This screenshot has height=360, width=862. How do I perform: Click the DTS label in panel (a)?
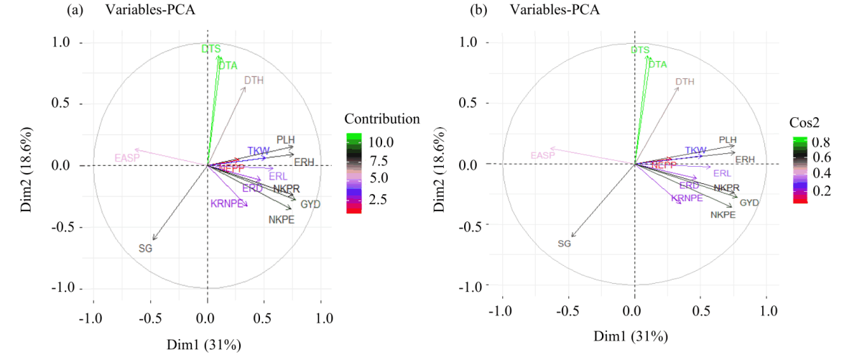point(210,49)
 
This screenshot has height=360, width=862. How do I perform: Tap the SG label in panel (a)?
point(146,249)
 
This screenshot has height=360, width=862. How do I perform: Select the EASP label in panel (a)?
point(126,157)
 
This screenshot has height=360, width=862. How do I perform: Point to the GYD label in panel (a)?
point(310,204)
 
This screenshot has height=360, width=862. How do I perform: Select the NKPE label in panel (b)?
point(722,215)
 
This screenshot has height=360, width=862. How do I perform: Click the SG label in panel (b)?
point(564,244)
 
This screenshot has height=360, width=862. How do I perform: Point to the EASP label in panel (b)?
point(544,156)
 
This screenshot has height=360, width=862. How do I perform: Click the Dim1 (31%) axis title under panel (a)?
point(208,345)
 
